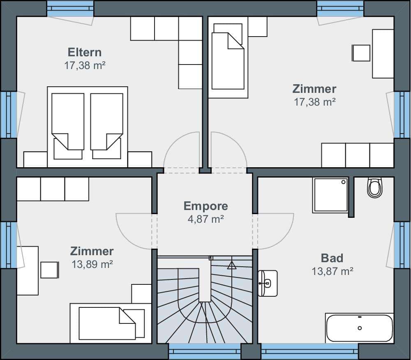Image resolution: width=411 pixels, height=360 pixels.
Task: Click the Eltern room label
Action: [84, 53]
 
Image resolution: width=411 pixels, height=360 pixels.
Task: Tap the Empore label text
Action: [206, 206]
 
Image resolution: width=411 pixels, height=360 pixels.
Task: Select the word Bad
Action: [332, 258]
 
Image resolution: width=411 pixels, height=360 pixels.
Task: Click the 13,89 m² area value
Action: [92, 264]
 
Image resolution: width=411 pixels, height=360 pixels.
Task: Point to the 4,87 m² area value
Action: [206, 219]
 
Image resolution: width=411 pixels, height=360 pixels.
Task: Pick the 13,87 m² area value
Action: [332, 271]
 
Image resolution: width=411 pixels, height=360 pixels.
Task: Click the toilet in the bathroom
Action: [375, 187]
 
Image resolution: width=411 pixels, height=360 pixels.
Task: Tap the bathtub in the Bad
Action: [360, 328]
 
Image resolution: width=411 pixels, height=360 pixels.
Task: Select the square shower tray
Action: [330, 195]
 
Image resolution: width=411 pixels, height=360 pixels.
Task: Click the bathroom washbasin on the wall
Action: [268, 283]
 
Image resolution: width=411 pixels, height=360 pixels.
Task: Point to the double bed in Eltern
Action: [87, 127]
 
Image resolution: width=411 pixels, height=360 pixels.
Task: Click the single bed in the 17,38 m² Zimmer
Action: [228, 58]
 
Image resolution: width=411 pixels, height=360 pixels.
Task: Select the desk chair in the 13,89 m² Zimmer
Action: [50, 270]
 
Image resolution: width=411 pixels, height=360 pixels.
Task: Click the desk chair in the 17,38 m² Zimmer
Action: [361, 53]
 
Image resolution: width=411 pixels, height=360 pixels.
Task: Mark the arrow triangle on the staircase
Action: [231, 265]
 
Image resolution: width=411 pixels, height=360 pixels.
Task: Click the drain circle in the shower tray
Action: [343, 182]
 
